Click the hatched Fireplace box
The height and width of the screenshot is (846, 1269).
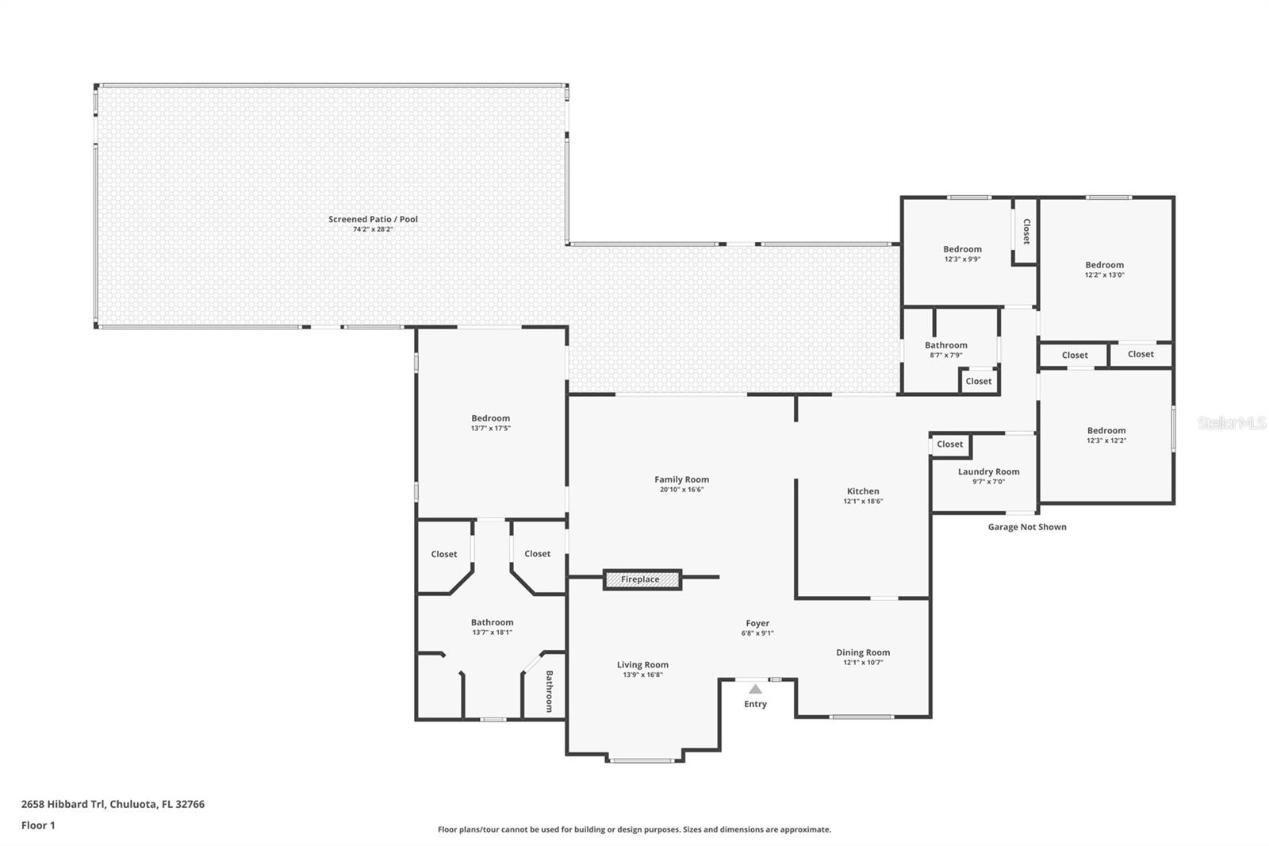(x=642, y=579)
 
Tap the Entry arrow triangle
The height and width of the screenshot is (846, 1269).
(x=755, y=689)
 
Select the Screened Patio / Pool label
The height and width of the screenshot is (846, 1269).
(x=373, y=219)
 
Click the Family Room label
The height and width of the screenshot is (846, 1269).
(x=681, y=479)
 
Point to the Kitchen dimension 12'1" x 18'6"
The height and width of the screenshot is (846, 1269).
(x=863, y=502)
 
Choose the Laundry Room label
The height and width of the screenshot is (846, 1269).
(x=988, y=471)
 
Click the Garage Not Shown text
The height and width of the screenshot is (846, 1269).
(x=1026, y=527)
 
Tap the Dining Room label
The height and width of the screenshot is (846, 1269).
(x=863, y=652)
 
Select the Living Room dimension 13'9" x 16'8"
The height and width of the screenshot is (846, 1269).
(x=642, y=675)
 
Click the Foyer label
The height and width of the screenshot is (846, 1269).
(x=757, y=623)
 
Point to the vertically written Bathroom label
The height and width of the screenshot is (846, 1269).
(x=549, y=691)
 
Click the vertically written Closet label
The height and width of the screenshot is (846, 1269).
(x=1026, y=231)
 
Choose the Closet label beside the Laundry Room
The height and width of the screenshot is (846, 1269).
(x=949, y=444)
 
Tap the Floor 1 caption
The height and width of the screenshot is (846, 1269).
(x=38, y=825)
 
